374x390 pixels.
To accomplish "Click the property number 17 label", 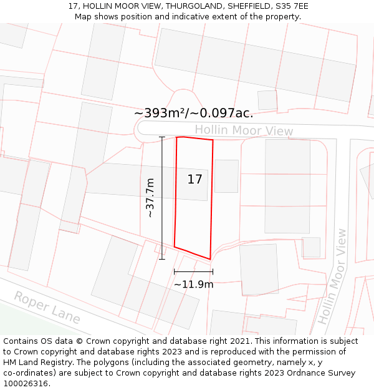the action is (195, 180).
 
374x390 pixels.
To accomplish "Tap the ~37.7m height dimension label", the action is (150, 198).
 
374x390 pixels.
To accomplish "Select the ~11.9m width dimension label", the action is (193, 285).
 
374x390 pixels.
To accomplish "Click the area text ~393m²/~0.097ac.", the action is (193, 113).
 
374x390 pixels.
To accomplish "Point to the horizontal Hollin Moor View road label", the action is (244, 130).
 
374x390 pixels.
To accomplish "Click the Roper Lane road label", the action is (47, 307).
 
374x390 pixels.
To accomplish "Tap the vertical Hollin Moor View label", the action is (332, 276).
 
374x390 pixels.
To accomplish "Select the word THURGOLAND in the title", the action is (191, 6).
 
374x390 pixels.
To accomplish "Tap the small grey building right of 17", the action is (226, 176).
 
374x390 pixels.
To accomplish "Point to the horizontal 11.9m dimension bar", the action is (193, 271).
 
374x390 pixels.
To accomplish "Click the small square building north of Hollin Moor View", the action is (267, 100).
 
